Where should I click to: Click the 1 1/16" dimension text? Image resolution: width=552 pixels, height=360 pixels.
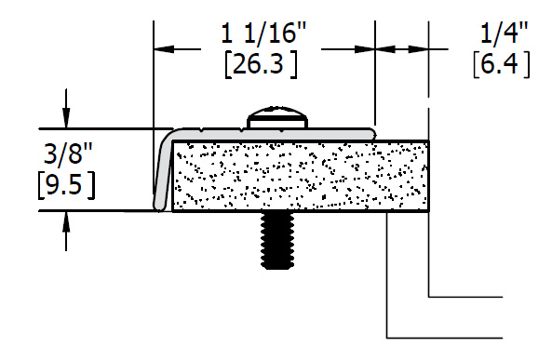[263, 33]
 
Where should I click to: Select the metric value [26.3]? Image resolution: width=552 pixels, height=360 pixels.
[261, 64]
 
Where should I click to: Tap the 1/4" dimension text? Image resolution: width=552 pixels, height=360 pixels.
[505, 33]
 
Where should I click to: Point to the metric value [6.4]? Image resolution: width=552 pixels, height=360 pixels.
[502, 64]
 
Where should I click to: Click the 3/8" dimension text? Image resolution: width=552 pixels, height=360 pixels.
[68, 153]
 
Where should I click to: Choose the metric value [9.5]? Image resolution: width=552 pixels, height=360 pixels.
[66, 185]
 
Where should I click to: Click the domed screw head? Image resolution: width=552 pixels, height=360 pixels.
[277, 117]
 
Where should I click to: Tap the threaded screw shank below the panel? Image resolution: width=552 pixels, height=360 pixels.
[277, 240]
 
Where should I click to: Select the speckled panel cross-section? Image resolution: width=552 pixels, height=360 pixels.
[301, 176]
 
